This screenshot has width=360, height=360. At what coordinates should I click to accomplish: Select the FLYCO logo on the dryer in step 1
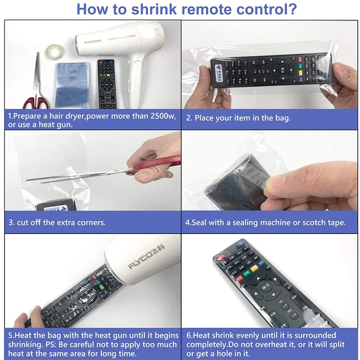[93, 42]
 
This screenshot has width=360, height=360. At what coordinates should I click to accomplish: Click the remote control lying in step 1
[107, 83]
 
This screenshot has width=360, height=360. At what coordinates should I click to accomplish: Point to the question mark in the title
[292, 9]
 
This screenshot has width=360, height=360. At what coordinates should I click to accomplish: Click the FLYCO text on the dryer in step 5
[143, 262]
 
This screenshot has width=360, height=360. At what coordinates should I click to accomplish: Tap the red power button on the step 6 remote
[221, 258]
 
